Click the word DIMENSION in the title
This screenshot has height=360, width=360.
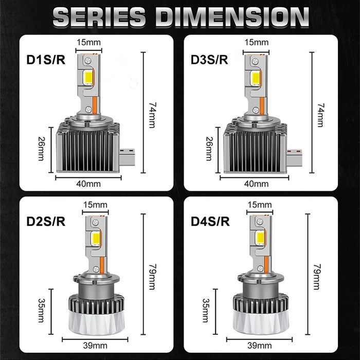(235, 17)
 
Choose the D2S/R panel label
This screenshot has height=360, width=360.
(45, 222)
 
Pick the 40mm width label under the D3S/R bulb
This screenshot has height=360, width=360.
(257, 184)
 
